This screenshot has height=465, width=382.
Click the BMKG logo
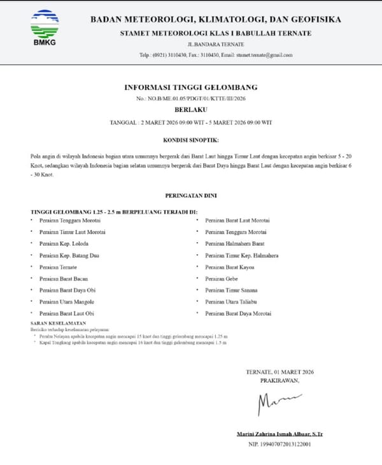tap(44, 29)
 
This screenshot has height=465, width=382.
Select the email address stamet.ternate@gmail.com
tap(264, 55)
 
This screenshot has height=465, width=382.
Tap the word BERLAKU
tap(190, 110)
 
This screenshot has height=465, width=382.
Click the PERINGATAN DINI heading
tap(190, 197)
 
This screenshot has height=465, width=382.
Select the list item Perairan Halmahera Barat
tap(234, 243)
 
